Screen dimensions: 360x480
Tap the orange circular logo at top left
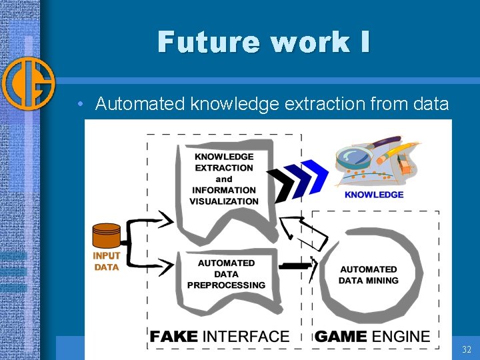pos(28,83)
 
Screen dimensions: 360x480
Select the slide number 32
pos(466,349)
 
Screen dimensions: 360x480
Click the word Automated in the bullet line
pos(140,104)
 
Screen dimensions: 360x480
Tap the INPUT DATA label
pos(106,261)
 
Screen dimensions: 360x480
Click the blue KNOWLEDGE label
pos(374,195)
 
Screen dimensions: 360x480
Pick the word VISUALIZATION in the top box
pos(224,201)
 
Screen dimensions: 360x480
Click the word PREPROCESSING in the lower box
pos(226,285)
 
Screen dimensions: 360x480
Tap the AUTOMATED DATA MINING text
pos(368,275)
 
